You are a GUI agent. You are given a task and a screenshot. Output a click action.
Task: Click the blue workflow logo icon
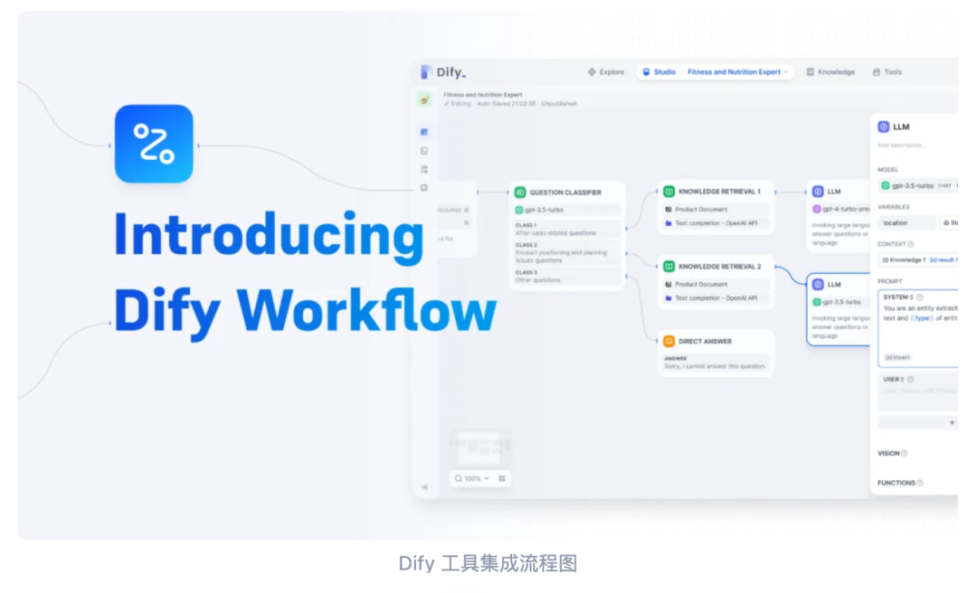coord(154,144)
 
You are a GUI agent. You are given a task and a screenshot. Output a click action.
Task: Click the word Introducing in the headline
coord(269,236)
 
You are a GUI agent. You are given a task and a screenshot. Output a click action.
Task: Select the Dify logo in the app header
coord(443,72)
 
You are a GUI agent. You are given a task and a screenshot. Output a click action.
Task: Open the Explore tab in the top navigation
coord(606,72)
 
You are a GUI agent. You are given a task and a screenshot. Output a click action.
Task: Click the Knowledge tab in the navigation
coord(830,72)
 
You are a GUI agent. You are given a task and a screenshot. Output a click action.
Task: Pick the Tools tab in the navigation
coord(887,72)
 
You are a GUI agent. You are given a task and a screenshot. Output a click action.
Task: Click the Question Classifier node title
coord(564,193)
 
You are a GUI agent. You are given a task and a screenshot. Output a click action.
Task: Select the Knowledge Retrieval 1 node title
coord(719,192)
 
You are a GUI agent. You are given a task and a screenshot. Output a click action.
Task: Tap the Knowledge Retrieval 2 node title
coord(719,267)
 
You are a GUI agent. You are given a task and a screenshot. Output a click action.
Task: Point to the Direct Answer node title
coord(705,342)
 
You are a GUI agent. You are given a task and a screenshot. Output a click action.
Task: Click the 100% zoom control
coord(472,478)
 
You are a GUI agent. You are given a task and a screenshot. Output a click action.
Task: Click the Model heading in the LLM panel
coord(887,170)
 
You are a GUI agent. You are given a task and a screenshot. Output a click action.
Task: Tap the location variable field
coord(906,222)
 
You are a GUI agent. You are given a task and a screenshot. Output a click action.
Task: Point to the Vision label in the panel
coord(888,454)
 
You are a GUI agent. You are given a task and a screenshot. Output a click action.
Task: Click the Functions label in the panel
coord(896,483)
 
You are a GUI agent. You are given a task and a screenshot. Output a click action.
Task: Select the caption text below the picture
coord(488,564)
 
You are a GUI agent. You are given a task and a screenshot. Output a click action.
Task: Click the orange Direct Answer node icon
coord(669,342)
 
